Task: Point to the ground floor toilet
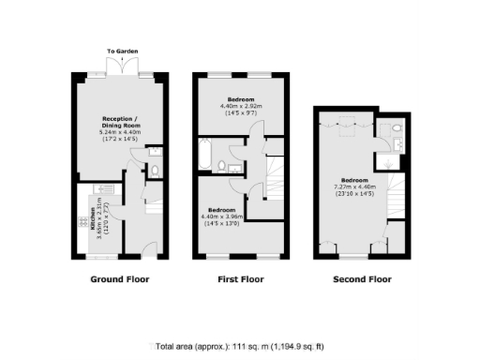pyautogui.click(x=155, y=169)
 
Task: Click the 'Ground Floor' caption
pyautogui.click(x=119, y=279)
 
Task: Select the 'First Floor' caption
pyautogui.click(x=242, y=279)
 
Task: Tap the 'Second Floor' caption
pyautogui.click(x=362, y=279)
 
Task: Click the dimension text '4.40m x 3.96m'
pyautogui.click(x=222, y=217)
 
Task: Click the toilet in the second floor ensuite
pyautogui.click(x=397, y=130)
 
